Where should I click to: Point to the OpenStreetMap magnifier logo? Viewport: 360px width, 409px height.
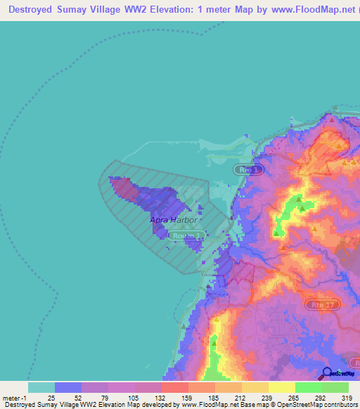[328, 373]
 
